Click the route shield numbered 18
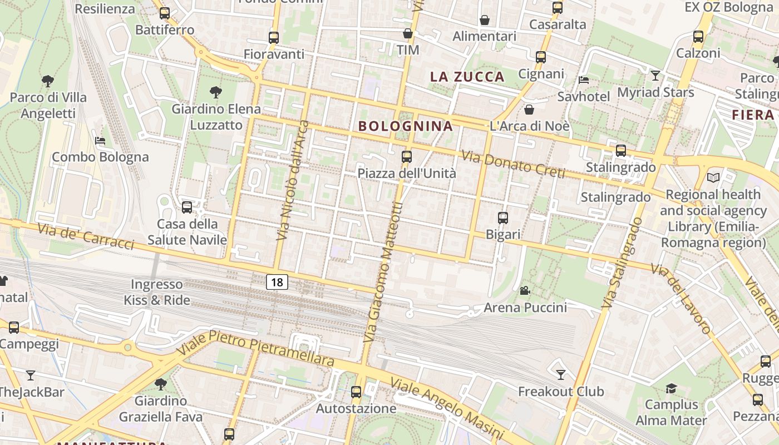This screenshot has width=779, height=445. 277,282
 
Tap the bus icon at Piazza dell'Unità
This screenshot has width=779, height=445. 407,157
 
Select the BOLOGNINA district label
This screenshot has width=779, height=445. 406,126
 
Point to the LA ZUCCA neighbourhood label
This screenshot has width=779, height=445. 467,77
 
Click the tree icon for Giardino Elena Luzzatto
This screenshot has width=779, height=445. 216,92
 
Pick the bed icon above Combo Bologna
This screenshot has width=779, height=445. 100,141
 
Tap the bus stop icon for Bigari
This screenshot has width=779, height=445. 503,218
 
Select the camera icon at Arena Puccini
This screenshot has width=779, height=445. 525,290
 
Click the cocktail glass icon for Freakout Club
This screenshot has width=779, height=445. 561,375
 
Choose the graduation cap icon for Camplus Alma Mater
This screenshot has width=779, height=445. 671,388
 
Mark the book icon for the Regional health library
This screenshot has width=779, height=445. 713,177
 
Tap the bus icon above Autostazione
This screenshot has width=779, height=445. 356,392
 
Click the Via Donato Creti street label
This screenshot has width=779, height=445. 514,165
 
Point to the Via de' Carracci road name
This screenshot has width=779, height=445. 86,236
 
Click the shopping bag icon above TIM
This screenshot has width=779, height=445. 408,34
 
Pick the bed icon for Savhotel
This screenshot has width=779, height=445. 584,80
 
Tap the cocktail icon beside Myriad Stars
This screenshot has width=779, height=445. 655,76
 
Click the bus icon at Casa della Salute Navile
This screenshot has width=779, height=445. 187,207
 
